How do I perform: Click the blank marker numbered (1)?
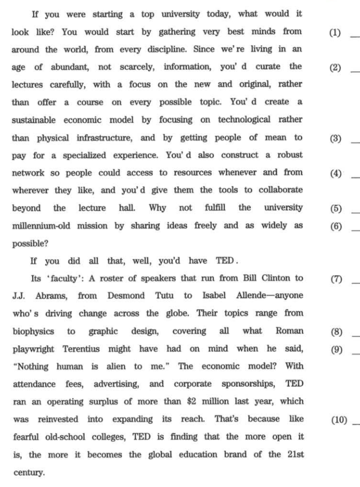click(335, 32)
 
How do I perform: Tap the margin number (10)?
click(339, 420)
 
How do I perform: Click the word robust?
click(289, 155)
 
